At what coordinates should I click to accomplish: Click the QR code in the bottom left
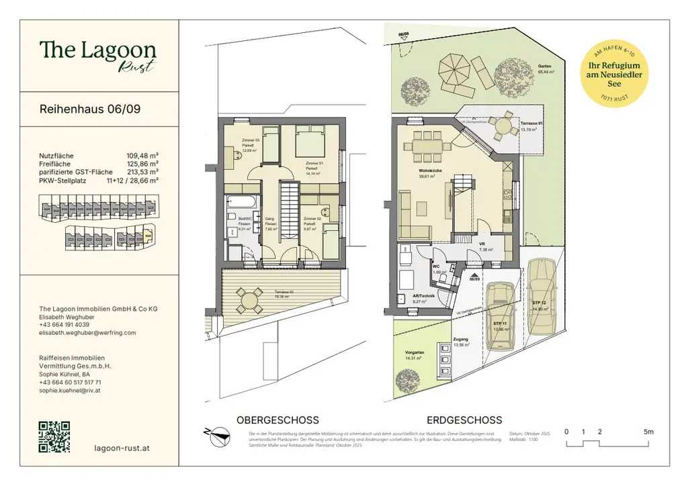tap(54, 436)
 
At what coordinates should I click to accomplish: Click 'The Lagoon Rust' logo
tap(97, 55)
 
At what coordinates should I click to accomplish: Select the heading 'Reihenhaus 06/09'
tap(90, 109)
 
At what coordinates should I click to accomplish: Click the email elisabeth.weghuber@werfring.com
tap(87, 332)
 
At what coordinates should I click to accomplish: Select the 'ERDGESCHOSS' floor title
tap(464, 420)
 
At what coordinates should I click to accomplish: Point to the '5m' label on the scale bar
tap(648, 432)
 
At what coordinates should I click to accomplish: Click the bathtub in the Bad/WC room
tap(239, 202)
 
